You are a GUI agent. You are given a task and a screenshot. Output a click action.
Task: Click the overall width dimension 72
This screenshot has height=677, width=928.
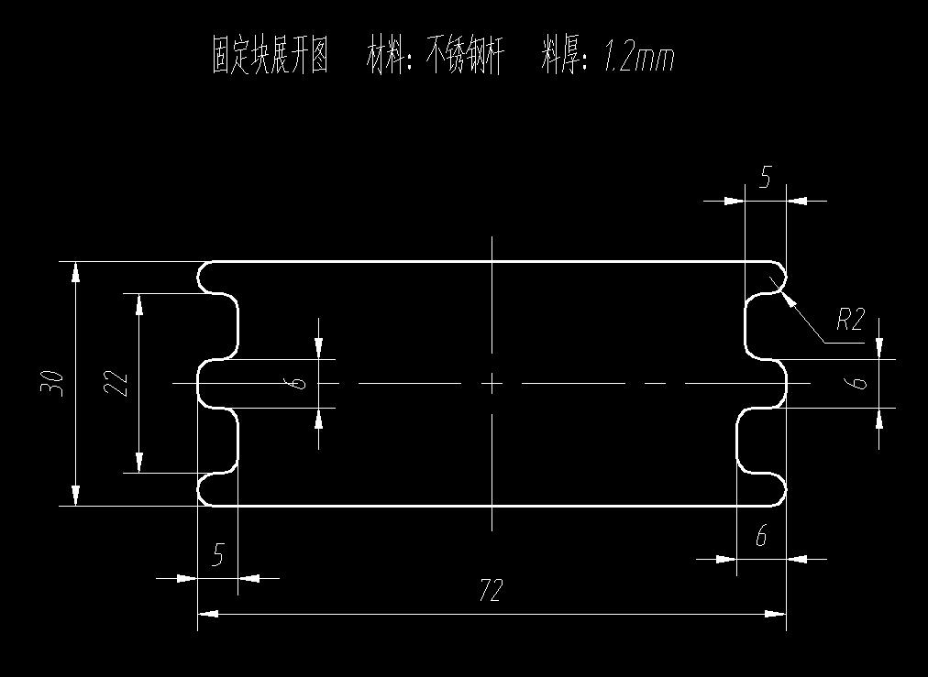(492, 591)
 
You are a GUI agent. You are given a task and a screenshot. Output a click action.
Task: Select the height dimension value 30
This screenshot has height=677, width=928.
(52, 382)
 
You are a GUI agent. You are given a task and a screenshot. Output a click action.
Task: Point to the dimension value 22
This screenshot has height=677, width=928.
(116, 382)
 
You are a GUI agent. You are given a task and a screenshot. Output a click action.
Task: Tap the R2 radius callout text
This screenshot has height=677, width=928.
(850, 320)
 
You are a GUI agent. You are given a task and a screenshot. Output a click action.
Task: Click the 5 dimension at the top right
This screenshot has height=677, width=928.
(766, 178)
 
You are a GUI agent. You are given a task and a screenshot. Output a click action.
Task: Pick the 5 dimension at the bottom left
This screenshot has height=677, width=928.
(218, 555)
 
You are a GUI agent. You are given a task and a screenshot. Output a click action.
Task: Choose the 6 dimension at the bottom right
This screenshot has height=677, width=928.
(761, 536)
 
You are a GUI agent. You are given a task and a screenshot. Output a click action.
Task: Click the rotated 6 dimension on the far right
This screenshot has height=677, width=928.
(858, 382)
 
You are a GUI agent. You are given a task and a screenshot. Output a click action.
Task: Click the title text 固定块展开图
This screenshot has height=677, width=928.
(271, 57)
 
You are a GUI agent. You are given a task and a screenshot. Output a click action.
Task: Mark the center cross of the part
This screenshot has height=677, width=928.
(492, 383)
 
